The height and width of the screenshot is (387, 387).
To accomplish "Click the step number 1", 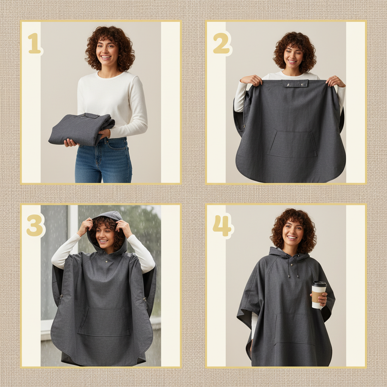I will (34, 43).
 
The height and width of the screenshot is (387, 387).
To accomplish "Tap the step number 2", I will (221, 43).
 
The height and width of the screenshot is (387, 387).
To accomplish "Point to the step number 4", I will (222, 226).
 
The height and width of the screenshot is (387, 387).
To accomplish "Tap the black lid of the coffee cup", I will (319, 284).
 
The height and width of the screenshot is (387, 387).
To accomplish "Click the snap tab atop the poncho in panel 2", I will (295, 83).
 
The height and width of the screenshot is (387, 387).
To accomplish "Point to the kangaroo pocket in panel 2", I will (292, 144).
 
